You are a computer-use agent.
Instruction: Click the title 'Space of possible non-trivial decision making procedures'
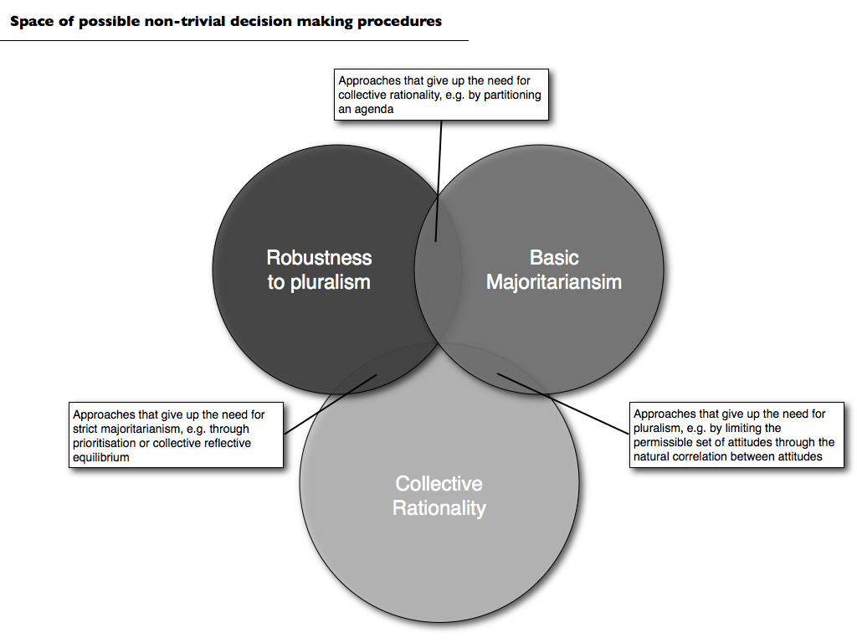point(226,22)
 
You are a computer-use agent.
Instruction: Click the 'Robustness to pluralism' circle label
point(319,270)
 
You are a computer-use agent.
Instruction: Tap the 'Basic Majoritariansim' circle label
point(554,270)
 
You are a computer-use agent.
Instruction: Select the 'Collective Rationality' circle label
point(439,496)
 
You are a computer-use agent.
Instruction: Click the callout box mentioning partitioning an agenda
point(441,95)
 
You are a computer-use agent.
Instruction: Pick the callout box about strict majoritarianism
point(176,435)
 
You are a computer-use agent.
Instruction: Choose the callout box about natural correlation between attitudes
point(734,435)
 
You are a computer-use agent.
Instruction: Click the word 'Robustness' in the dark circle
point(319,258)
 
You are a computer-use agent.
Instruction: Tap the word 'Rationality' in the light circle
point(439,508)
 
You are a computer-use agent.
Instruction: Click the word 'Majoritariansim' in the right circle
point(554,282)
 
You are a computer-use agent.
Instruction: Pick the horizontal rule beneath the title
point(234,40)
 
